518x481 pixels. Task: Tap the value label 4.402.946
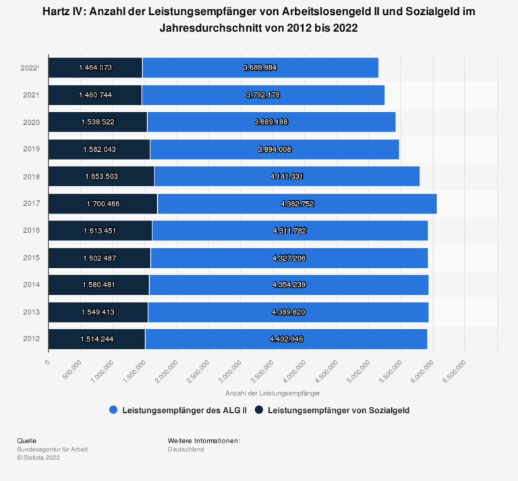coord(287,339)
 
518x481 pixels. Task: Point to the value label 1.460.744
coord(95,95)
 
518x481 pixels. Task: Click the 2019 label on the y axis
coord(31,149)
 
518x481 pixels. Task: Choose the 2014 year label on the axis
coord(31,285)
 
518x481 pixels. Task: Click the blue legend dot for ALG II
coord(113,409)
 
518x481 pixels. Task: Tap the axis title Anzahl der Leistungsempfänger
coord(273,392)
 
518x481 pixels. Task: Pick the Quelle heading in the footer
coord(28,441)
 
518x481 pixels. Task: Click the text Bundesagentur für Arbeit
coord(52,449)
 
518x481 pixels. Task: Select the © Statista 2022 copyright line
coord(40,457)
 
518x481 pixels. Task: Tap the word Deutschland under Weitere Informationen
coord(185,449)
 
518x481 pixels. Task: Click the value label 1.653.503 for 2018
coord(102,176)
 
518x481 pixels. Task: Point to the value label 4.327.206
coord(289,258)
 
